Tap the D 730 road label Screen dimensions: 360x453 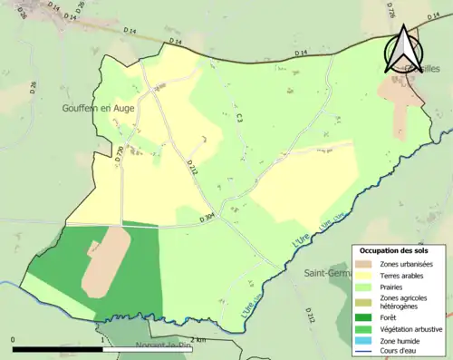(x=119, y=154)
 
